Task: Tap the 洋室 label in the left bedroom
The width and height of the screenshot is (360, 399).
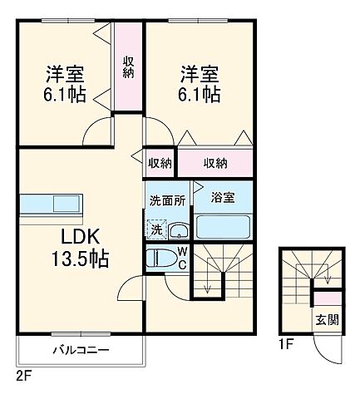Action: click(62, 73)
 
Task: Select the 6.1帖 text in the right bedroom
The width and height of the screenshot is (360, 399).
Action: click(199, 94)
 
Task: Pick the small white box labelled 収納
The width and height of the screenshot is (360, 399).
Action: click(160, 164)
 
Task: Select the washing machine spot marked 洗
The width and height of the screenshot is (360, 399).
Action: click(156, 229)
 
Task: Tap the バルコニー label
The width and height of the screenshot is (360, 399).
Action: click(81, 350)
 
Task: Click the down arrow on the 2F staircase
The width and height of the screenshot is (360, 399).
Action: click(207, 284)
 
